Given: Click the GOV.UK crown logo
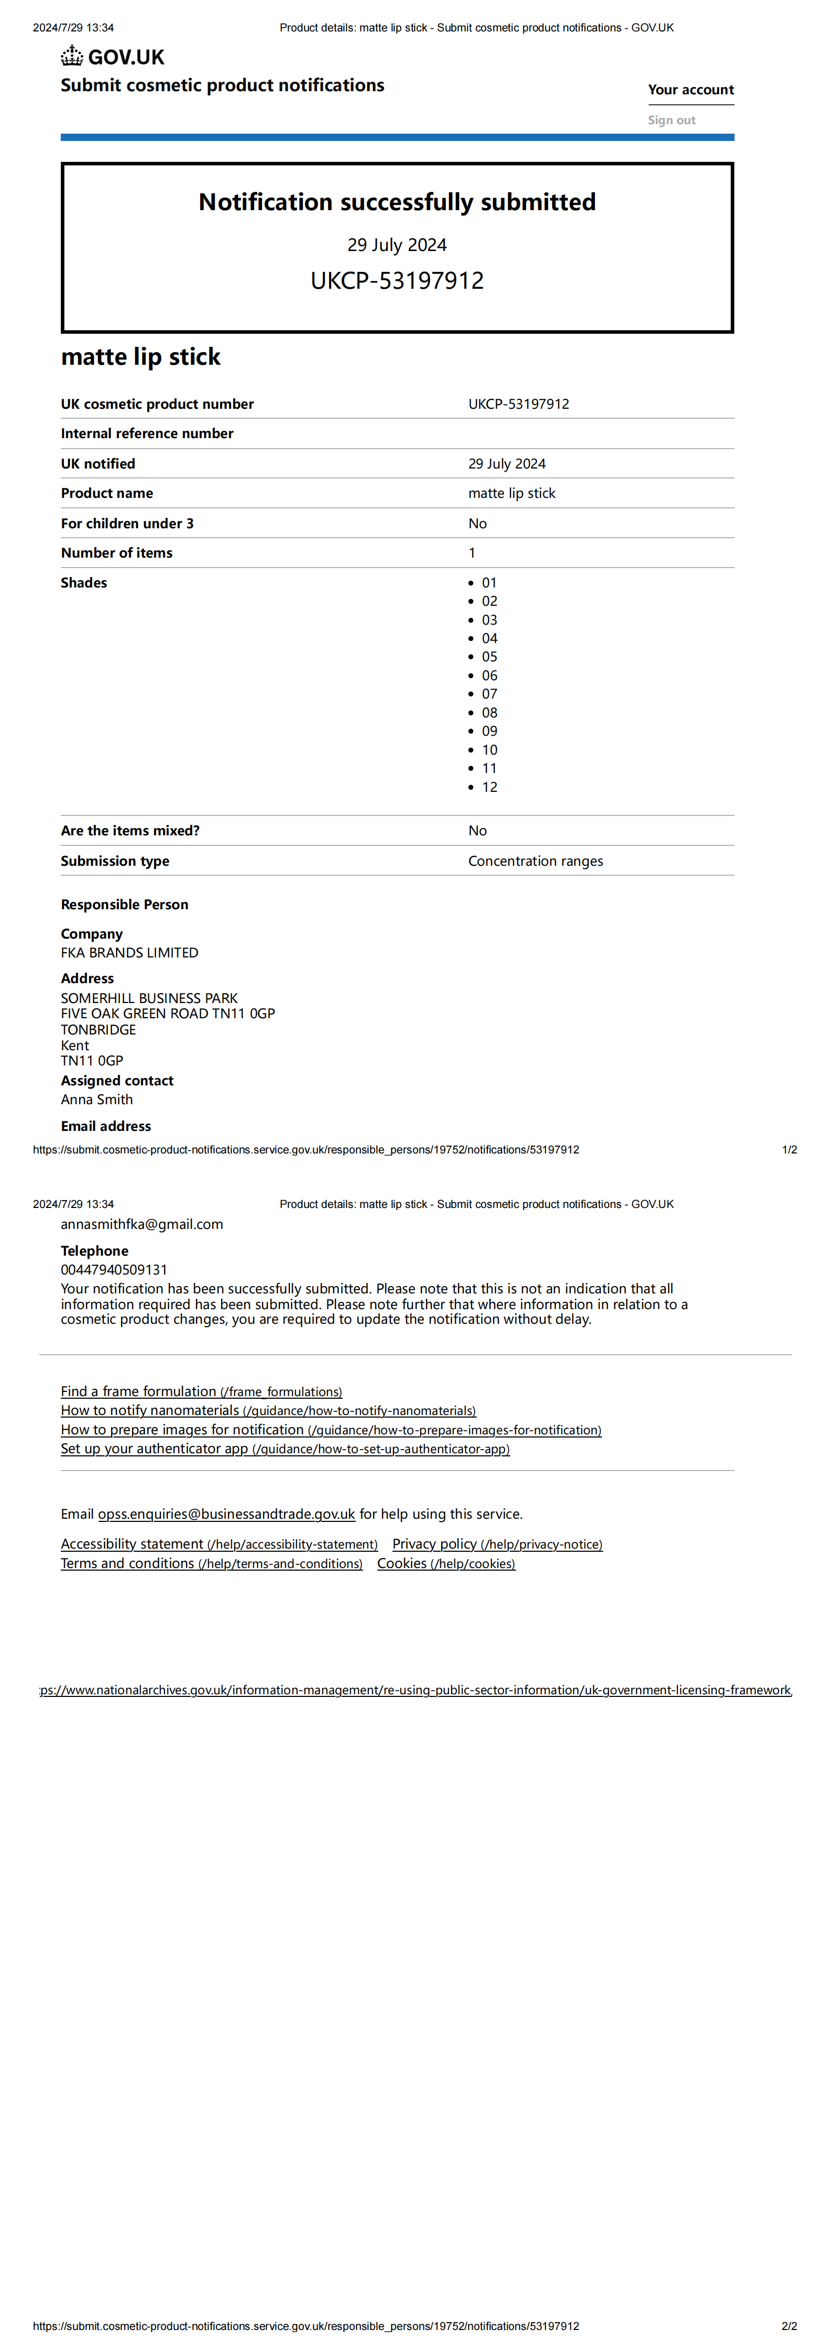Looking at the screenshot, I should pos(72,57).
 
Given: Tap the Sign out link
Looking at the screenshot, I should pos(671,119).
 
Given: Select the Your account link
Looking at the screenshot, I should pos(691,90).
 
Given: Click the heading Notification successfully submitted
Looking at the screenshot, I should pos(397,202).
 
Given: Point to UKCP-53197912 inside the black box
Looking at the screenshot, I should pos(397,280).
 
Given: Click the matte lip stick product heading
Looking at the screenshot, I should pos(140,357).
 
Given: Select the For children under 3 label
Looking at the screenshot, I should pos(127,523).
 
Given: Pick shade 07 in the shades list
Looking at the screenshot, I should pos(489,694).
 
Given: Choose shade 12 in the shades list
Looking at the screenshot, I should pos(489,787).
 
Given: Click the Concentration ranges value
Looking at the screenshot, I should pos(535,861).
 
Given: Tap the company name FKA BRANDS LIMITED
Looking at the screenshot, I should pos(129,952).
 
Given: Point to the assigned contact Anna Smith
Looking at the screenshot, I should pos(97,1099).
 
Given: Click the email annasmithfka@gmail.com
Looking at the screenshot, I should pos(141,1224).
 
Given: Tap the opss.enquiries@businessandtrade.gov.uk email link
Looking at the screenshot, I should pos(226,1514).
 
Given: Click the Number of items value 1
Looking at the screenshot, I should pos(472,552).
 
